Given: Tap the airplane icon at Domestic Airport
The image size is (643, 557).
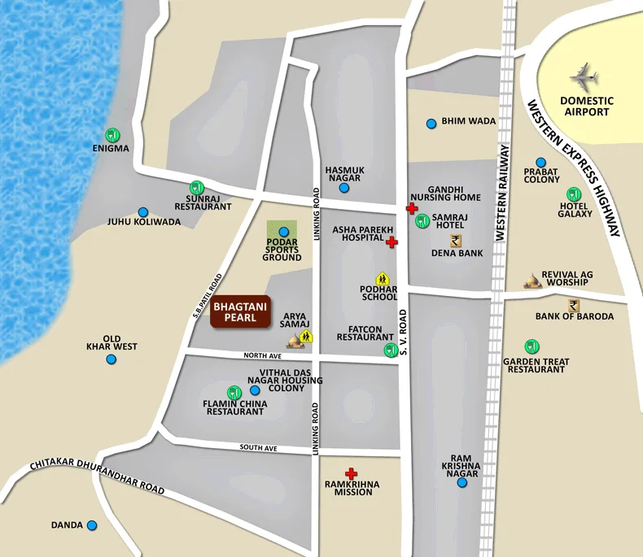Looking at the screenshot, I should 584,77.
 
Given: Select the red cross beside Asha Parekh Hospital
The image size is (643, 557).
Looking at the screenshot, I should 391,242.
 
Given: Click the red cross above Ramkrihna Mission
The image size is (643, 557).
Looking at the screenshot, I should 352,473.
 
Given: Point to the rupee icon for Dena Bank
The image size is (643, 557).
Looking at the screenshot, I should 456,240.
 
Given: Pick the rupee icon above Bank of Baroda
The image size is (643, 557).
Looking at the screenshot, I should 575,305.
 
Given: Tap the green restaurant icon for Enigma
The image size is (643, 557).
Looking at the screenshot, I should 112,134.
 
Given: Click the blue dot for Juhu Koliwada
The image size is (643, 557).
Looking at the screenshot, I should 143,211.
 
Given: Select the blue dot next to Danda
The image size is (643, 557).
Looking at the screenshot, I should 92,525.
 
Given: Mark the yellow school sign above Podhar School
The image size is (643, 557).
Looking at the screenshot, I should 380,279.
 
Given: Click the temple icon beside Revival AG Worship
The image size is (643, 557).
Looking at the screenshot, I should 533,281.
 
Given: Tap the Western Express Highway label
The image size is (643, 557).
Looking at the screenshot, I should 573,168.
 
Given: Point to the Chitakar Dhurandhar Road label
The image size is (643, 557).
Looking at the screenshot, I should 97,476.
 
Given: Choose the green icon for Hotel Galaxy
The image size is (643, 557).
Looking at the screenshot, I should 573,194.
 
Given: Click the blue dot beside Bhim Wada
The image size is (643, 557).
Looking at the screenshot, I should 431,124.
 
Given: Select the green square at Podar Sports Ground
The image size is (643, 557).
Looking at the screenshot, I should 282,232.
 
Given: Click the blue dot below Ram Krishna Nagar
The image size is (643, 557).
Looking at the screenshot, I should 461,483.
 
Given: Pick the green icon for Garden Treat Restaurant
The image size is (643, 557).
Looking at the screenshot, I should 531,346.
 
